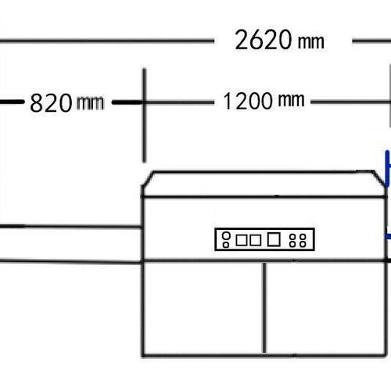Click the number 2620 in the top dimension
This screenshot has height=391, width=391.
point(263,40)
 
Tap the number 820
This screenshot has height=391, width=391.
point(51,102)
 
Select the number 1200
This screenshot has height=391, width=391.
point(248,101)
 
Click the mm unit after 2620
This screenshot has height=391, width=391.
point(311,41)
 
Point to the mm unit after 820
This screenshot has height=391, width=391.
point(90,102)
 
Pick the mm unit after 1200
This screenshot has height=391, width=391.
point(291,99)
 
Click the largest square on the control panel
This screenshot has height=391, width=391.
point(274,239)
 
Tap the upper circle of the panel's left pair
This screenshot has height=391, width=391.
point(226,235)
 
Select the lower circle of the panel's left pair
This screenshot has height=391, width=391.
point(226,244)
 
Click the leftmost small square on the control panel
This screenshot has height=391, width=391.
point(241,240)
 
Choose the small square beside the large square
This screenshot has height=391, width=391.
point(256,240)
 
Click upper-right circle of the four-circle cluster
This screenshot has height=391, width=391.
point(303,237)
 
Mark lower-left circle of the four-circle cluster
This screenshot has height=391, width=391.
point(292,244)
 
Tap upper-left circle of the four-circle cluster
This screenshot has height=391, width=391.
point(292,237)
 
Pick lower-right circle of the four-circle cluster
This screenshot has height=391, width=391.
point(303,244)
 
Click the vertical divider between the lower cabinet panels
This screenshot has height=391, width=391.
point(264,307)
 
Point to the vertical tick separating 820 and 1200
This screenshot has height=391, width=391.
point(144,115)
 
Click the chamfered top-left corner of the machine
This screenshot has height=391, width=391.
point(148,179)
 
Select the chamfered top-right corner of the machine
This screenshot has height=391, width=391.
point(379,178)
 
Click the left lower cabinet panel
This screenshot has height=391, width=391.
point(203,307)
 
